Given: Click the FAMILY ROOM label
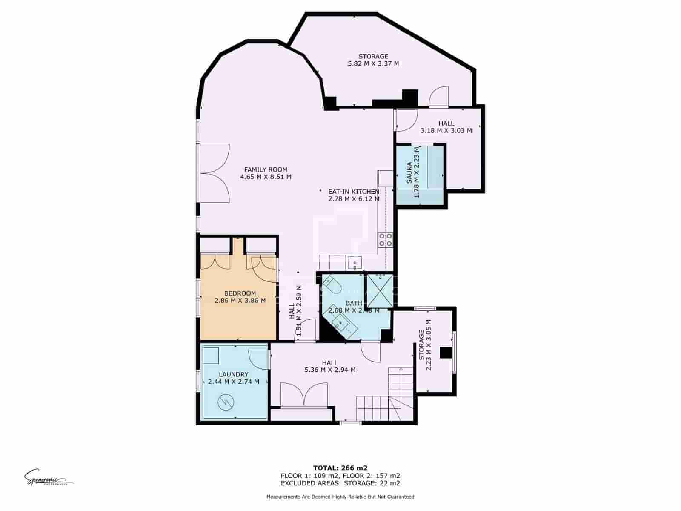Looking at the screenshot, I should [266, 169].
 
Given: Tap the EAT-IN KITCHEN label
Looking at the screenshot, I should [353, 192].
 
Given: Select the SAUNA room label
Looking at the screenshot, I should [409, 172].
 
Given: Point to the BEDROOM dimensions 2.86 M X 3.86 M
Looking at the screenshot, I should [240, 300].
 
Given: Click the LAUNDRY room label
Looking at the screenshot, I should [233, 374].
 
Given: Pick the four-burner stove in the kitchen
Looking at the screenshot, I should [386, 240].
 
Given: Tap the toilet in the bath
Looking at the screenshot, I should [333, 284].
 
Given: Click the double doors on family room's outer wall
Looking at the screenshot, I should [215, 172].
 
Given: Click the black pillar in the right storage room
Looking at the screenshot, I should [446, 353].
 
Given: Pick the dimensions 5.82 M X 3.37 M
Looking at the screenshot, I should [373, 64].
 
